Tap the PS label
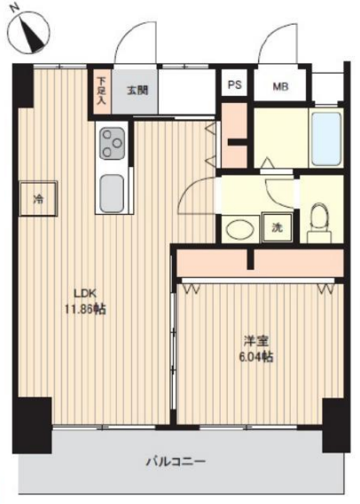coord(234,85)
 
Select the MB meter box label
coord(280,86)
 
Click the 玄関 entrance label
coord(137,91)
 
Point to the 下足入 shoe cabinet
coord(102,91)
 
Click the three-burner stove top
coord(112,144)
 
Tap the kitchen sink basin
coord(112,193)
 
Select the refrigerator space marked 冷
coord(38,199)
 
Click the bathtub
coord(325,138)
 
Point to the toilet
coord(319,223)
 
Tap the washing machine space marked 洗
coord(278,228)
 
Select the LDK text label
coord(85,294)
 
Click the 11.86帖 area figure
coord(85,310)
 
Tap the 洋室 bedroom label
coord(256,342)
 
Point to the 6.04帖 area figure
coord(256,357)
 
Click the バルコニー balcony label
coord(176,462)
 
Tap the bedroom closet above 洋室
coord(260,263)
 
